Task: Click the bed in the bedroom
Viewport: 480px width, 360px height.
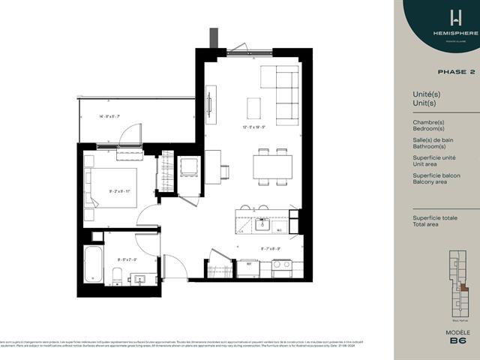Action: coord(110,187)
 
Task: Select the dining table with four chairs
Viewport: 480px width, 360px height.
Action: coord(272,166)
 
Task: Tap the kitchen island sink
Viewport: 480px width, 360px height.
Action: coord(263,223)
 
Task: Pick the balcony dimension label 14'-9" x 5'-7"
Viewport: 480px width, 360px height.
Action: coord(109,116)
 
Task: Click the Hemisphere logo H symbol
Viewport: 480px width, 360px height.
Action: coord(433,16)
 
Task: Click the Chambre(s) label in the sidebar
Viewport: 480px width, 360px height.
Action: coord(428,121)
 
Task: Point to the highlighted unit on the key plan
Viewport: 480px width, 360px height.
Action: coord(464,286)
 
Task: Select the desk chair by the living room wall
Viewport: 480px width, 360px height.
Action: coord(224,172)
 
